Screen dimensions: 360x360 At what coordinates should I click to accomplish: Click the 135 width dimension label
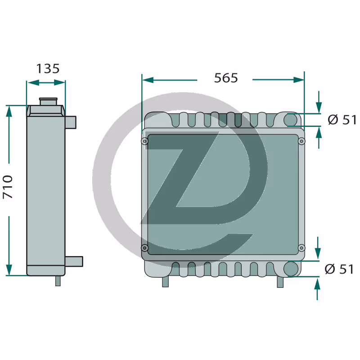pos(48,69)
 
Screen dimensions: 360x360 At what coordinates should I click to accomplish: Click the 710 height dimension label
pos(8,187)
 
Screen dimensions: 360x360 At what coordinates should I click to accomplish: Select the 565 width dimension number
pos(226,78)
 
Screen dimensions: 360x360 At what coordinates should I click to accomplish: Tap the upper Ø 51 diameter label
pos(342,120)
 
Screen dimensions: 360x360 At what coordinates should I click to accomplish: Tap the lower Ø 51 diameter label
pos(339,269)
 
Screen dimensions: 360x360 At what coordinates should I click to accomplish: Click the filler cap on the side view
pos(48,101)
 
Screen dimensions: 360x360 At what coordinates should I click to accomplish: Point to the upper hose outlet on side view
pos(71,122)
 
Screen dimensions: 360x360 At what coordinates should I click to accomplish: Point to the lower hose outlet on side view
pos(74,261)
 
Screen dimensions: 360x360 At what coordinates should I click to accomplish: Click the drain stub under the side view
pos(58,281)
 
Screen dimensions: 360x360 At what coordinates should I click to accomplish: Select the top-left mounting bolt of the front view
pos(144,141)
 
